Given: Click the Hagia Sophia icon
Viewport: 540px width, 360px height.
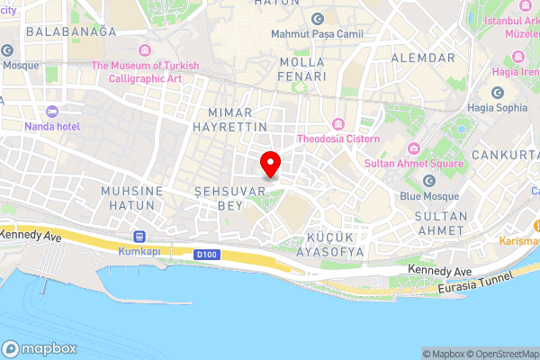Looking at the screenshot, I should coord(497,92).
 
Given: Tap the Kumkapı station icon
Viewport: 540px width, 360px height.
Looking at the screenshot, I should coord(139,236).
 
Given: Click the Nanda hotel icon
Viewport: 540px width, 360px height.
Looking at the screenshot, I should coord(51,112).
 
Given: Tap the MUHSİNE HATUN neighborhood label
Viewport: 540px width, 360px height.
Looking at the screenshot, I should coord(132,199).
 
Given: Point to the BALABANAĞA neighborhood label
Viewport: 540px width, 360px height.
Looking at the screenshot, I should coord(72,31).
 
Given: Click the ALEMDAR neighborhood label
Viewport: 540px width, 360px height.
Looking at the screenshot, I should coord(423,58).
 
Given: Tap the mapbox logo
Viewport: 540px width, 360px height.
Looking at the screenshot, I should coord(40,348).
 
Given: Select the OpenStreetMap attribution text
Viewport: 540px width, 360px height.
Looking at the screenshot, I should coord(504,353).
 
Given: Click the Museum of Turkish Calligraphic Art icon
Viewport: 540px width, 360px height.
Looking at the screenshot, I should coord(146,49).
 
